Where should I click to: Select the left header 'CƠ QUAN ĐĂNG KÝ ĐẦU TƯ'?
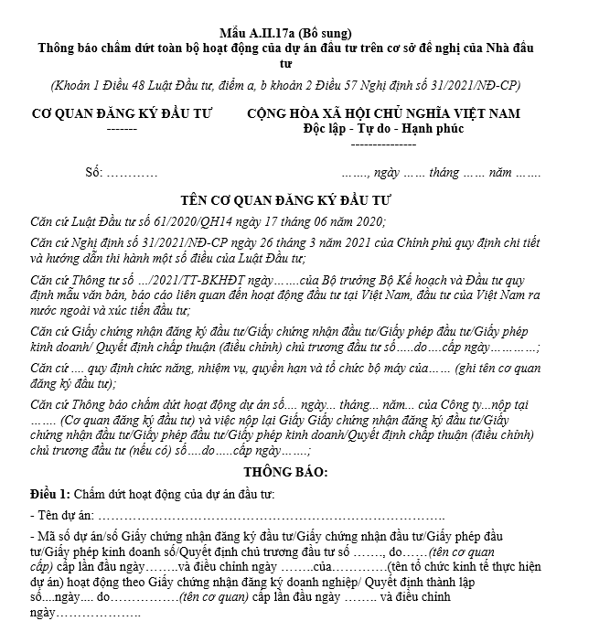tap(122, 113)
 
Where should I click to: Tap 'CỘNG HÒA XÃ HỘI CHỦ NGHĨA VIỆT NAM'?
tap(383, 113)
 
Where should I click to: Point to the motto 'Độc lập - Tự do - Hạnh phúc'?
tap(383, 128)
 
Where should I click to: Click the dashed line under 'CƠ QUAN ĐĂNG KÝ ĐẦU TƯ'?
tap(122, 129)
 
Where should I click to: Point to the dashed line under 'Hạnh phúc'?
tap(383, 144)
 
